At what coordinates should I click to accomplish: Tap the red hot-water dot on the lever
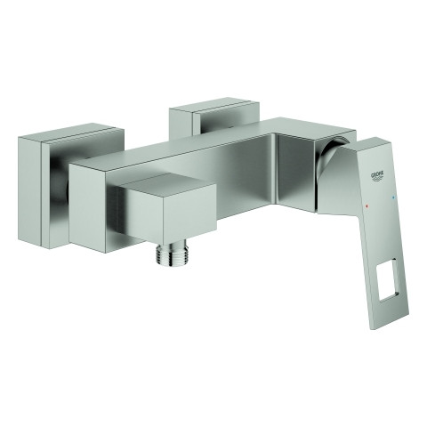(367, 205)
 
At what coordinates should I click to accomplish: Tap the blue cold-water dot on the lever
(393, 197)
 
